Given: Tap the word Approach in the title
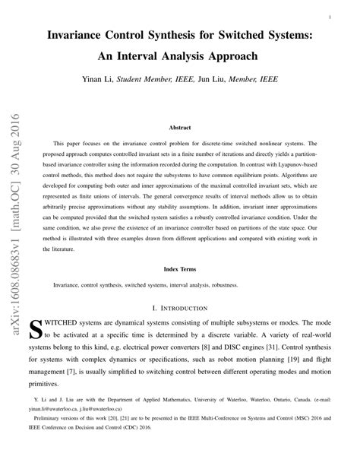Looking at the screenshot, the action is tap(229, 56).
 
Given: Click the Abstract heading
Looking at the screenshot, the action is tap(179, 129).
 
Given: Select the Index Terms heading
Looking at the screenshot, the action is tap(179, 268).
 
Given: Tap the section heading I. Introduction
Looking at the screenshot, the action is tap(179, 308).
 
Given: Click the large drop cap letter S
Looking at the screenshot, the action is tap(35, 329).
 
